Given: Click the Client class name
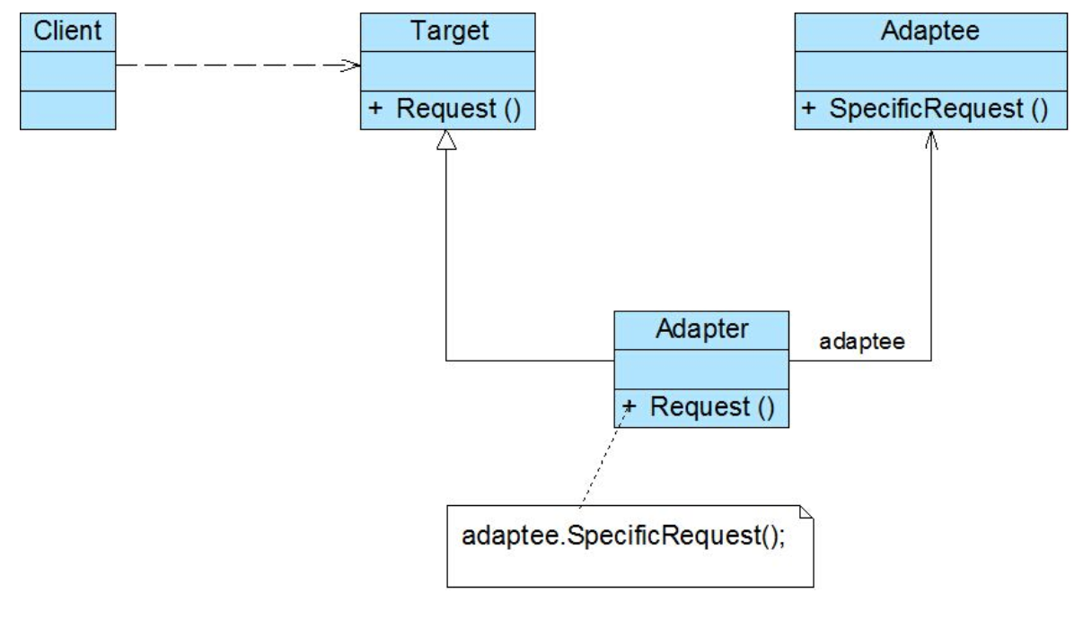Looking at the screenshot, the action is (67, 31).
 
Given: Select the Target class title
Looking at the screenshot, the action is (449, 31).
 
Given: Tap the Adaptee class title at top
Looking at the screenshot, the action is (930, 31).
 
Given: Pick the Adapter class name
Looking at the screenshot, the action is (701, 329).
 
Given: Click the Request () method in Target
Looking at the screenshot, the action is (459, 109).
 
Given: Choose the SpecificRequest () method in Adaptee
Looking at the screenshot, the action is (938, 109).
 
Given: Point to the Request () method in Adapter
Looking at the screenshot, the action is (712, 407).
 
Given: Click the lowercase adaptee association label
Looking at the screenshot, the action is (862, 342).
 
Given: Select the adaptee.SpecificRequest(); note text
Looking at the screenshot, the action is (623, 536).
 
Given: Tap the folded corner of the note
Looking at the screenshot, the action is (807, 512).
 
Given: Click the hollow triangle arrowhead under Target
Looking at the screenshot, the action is (446, 140).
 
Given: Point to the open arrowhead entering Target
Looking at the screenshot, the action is (351, 65).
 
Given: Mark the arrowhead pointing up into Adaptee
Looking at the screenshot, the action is (931, 139).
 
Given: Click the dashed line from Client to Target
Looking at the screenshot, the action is (238, 65).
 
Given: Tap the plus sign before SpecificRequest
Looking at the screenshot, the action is (808, 108).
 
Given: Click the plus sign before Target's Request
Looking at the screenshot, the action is (374, 108).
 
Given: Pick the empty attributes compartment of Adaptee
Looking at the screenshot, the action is (931, 71).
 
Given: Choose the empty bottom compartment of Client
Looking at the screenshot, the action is (67, 110).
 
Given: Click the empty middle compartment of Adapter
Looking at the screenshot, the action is (701, 370).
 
